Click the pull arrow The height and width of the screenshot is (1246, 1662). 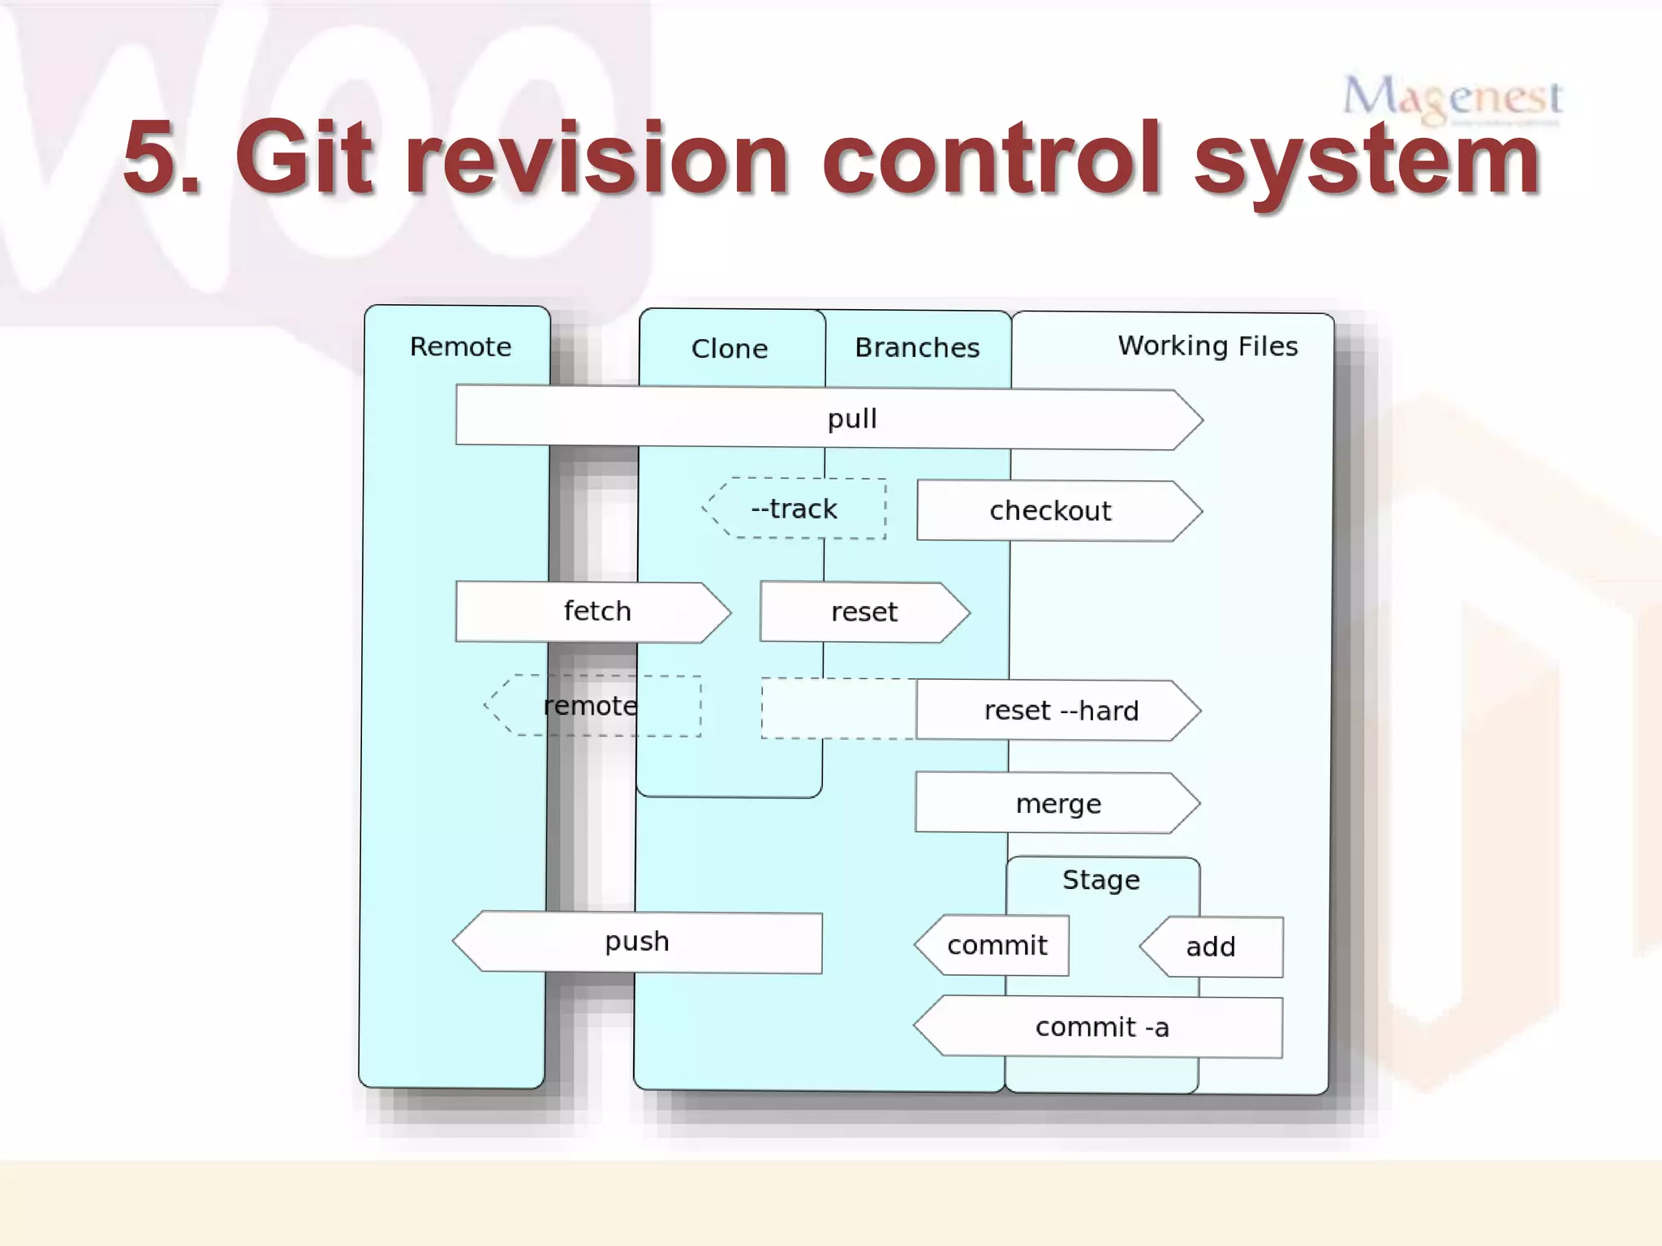point(828,419)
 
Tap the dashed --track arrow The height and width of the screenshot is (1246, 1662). point(794,509)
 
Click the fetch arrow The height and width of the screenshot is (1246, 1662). point(592,612)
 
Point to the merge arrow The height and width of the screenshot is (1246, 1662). point(1057,803)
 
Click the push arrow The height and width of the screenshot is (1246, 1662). point(638,942)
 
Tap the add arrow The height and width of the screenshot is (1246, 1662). point(1212,947)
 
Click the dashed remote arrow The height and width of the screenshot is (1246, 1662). point(592,706)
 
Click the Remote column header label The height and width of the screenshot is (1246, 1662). point(460,347)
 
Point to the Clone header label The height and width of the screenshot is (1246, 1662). point(729,349)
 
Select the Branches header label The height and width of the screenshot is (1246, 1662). point(917,348)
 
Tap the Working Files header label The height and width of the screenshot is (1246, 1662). point(1208,346)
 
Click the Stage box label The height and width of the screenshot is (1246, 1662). point(1101,880)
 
